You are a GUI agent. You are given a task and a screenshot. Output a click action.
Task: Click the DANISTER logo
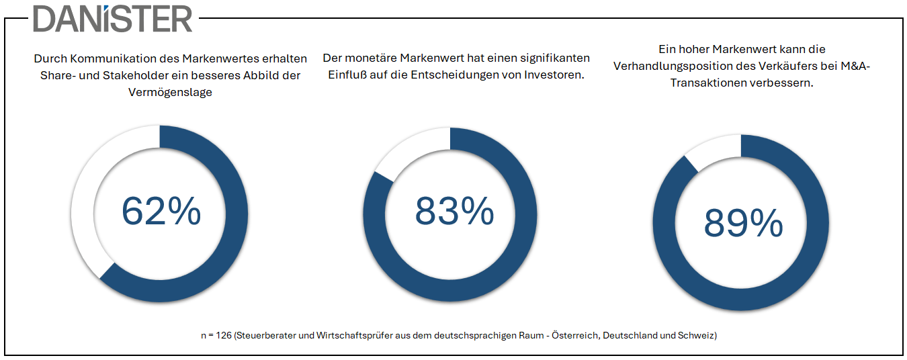pyautogui.click(x=113, y=19)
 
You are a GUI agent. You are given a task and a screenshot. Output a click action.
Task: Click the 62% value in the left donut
pyautogui.click(x=161, y=211)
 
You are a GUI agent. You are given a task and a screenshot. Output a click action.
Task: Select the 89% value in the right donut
pyautogui.click(x=743, y=223)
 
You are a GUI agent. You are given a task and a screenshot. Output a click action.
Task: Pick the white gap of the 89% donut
pyautogui.click(x=711, y=150)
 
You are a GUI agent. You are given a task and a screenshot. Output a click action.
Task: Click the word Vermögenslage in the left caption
pyautogui.click(x=170, y=92)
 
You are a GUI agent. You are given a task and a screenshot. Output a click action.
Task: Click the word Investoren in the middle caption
pyautogui.click(x=556, y=75)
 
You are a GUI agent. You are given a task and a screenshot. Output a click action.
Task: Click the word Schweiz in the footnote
pyautogui.click(x=697, y=334)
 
